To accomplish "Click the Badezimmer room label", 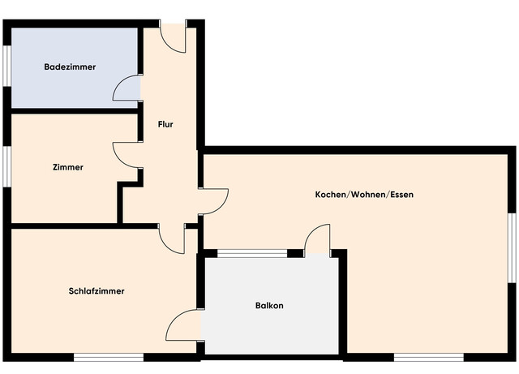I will (70, 67).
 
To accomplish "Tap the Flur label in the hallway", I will (165, 124).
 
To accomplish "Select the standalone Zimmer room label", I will (67, 167).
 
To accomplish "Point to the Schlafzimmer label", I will (97, 290).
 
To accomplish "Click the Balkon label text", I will (269, 306).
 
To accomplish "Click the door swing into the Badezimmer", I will (128, 89).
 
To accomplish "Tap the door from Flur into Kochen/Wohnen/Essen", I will (213, 201).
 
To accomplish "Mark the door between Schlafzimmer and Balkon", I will (183, 326).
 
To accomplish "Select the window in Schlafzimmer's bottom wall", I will (109, 356).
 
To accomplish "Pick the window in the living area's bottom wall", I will (428, 356).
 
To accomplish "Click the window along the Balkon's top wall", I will (252, 253).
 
